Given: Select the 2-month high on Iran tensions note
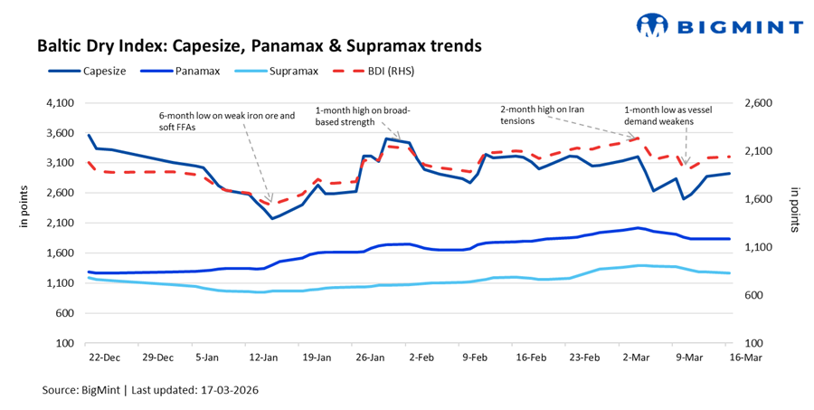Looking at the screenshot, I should click(x=542, y=114).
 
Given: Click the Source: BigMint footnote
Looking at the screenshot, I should click(x=154, y=390).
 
